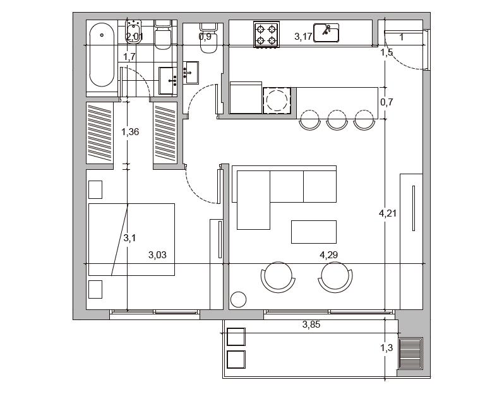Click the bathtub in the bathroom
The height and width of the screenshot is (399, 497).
coord(102,56)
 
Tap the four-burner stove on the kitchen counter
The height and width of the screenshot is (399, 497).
coord(266,35)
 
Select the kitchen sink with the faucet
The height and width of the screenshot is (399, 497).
coord(326,33)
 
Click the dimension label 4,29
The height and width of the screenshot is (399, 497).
coord(328,255)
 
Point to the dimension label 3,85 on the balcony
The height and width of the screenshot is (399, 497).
coord(311,325)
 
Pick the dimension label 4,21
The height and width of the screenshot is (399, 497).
coord(388,213)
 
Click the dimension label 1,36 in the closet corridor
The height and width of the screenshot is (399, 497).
coord(130,131)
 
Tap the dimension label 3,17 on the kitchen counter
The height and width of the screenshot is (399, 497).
coord(303,37)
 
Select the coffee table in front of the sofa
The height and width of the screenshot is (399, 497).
coord(314,232)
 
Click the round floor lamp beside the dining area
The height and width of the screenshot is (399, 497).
coord(238,299)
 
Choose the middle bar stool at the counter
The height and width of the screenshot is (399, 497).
coord(337,120)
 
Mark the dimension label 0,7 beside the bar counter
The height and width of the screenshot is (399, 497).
coord(386,102)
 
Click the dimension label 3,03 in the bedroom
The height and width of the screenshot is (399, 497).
coord(157,255)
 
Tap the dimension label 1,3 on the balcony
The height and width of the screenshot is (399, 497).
coord(386,348)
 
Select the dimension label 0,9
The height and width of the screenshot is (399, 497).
coord(205,37)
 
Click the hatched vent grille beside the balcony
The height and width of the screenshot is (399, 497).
coord(410,354)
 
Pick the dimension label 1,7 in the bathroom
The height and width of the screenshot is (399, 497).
coord(129,57)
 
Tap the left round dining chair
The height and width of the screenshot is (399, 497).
coord(278,277)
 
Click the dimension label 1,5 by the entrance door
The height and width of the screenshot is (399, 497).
coord(386,52)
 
